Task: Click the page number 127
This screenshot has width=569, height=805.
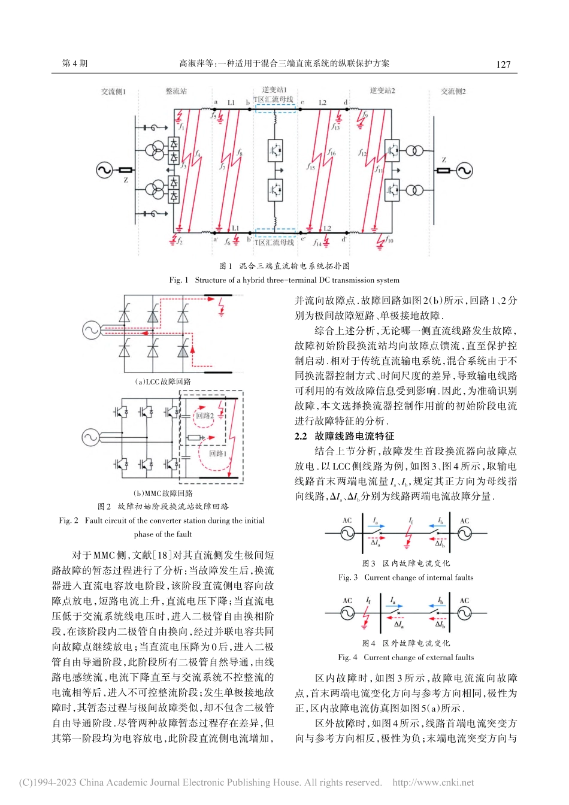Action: click(x=503, y=64)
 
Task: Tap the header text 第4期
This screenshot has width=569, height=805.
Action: click(x=75, y=63)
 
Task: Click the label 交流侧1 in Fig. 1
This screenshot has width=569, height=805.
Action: click(x=114, y=92)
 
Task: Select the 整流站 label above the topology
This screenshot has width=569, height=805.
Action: click(x=176, y=91)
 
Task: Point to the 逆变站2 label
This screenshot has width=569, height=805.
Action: click(x=382, y=90)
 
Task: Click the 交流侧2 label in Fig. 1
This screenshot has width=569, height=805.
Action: click(x=453, y=92)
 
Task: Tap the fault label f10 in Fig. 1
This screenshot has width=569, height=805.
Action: click(x=389, y=240)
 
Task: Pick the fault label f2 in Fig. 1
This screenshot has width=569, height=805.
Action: click(x=179, y=241)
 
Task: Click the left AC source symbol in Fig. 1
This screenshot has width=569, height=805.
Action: click(x=104, y=170)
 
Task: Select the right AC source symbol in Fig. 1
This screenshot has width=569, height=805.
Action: click(x=464, y=170)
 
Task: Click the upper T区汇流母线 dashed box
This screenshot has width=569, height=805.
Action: click(x=275, y=108)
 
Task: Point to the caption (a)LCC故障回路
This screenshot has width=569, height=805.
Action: click(x=163, y=382)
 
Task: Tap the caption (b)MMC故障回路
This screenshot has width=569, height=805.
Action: click(x=163, y=493)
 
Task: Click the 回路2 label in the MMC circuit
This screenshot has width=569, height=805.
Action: click(x=205, y=416)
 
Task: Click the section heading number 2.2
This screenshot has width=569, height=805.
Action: click(x=301, y=436)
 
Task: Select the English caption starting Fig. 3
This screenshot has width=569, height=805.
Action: click(x=405, y=577)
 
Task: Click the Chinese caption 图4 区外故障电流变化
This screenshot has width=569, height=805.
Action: click(x=405, y=643)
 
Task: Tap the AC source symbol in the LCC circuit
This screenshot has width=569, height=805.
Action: click(x=91, y=329)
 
